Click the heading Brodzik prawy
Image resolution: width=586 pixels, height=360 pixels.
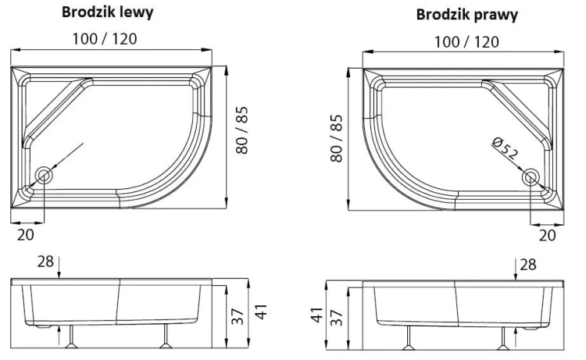467,15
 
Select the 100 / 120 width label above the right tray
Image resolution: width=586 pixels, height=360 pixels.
467,41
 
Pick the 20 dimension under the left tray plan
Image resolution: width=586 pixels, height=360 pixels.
25,233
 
